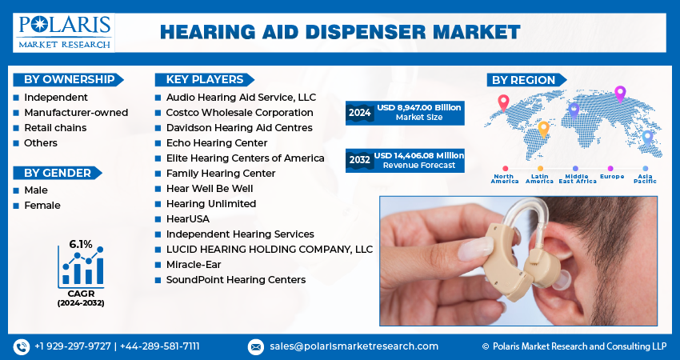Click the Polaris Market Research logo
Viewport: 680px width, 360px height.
pos(64,33)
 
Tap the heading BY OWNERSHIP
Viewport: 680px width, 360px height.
pos(69,79)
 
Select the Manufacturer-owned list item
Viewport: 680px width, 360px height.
pos(76,112)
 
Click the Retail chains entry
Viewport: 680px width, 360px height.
pos(55,127)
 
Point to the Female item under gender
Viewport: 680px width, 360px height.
pos(42,205)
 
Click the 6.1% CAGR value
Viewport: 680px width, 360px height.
pos(81,244)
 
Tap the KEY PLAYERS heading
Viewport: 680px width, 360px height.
pos(205,79)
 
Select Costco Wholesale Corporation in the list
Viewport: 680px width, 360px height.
pos(239,112)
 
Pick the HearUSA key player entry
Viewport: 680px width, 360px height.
pos(188,218)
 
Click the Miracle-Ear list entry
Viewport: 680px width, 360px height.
pos(194,264)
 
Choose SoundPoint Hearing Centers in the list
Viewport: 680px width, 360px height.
pos(236,280)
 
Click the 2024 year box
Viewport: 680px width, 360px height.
pos(359,113)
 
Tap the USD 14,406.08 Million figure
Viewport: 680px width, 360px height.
pos(419,155)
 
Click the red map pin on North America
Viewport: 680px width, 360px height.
pos(503,102)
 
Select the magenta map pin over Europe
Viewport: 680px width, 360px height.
pos(620,94)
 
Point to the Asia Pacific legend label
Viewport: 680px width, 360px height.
pos(645,178)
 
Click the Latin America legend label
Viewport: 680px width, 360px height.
pos(539,178)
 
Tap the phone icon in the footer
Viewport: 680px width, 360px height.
pos(22,346)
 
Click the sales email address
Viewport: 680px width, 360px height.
pos(354,346)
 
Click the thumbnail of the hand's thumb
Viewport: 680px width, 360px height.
pos(476,249)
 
